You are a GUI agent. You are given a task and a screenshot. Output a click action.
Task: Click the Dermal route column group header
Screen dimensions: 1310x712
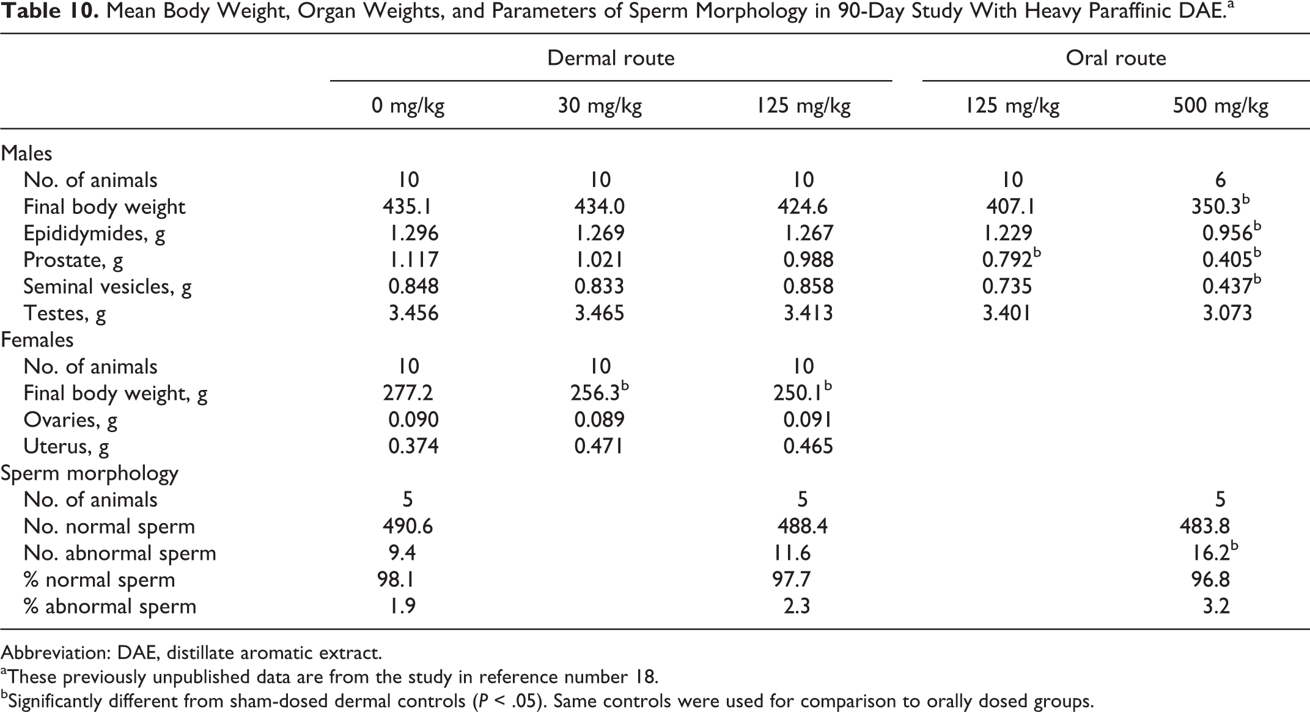611,58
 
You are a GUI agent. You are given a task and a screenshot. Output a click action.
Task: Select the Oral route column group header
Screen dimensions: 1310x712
1116,58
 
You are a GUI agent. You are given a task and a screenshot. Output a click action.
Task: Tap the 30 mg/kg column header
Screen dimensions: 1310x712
600,107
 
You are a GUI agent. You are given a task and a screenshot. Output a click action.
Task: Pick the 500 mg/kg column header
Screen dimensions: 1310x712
1220,107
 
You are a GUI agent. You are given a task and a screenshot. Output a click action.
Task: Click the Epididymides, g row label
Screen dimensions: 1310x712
94,233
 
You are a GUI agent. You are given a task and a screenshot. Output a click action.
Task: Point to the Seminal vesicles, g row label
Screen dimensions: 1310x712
108,287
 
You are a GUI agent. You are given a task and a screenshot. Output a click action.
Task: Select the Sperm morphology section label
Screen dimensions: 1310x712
89,474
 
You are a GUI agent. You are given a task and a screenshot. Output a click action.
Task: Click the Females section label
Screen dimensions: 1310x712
37,340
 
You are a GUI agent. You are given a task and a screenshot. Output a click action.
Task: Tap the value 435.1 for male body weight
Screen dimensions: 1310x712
408,207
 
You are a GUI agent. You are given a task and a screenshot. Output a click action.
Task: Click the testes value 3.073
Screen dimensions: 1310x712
1227,313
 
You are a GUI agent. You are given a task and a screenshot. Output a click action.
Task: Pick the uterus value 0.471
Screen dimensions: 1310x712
599,446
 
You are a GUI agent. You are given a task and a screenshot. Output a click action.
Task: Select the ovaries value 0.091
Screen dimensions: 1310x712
808,420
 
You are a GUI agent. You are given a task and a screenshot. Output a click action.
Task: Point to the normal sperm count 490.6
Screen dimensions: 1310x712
408,526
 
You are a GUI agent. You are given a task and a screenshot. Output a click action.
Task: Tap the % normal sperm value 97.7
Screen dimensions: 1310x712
792,579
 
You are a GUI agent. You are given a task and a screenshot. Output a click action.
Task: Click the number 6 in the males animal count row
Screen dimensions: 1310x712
1220,180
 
